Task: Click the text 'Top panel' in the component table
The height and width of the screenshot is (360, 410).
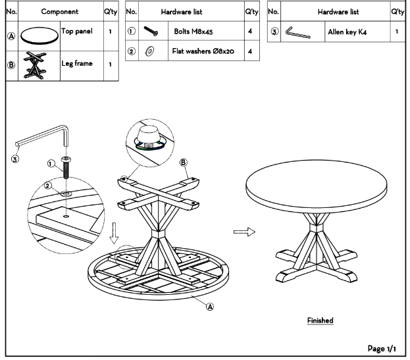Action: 77,32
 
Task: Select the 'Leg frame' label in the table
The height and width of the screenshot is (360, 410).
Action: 77,64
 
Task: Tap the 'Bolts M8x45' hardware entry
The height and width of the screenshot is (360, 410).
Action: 193,32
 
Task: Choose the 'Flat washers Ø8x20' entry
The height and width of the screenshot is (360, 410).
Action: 203,51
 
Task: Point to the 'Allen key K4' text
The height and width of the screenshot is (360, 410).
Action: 347,32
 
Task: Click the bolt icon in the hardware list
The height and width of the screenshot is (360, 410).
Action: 151,31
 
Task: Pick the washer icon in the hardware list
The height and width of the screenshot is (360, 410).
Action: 149,51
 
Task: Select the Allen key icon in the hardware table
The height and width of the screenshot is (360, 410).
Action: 297,33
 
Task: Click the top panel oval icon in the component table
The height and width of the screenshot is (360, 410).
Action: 39,36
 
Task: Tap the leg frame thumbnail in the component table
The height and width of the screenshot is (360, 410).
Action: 35,65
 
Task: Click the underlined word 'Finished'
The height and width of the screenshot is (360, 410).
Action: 320,321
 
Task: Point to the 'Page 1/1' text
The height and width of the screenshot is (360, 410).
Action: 382,349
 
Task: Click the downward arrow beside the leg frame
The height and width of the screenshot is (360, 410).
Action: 114,233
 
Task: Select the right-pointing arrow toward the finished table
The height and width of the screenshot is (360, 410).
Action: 244,232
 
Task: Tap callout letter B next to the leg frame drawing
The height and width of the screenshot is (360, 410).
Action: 184,163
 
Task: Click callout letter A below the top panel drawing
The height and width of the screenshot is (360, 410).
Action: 210,307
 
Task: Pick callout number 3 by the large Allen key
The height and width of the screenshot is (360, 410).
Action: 15,159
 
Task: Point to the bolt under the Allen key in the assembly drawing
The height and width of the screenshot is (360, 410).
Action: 66,167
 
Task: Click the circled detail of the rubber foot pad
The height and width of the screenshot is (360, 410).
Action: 150,142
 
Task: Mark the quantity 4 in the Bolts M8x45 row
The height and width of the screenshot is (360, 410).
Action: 250,31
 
